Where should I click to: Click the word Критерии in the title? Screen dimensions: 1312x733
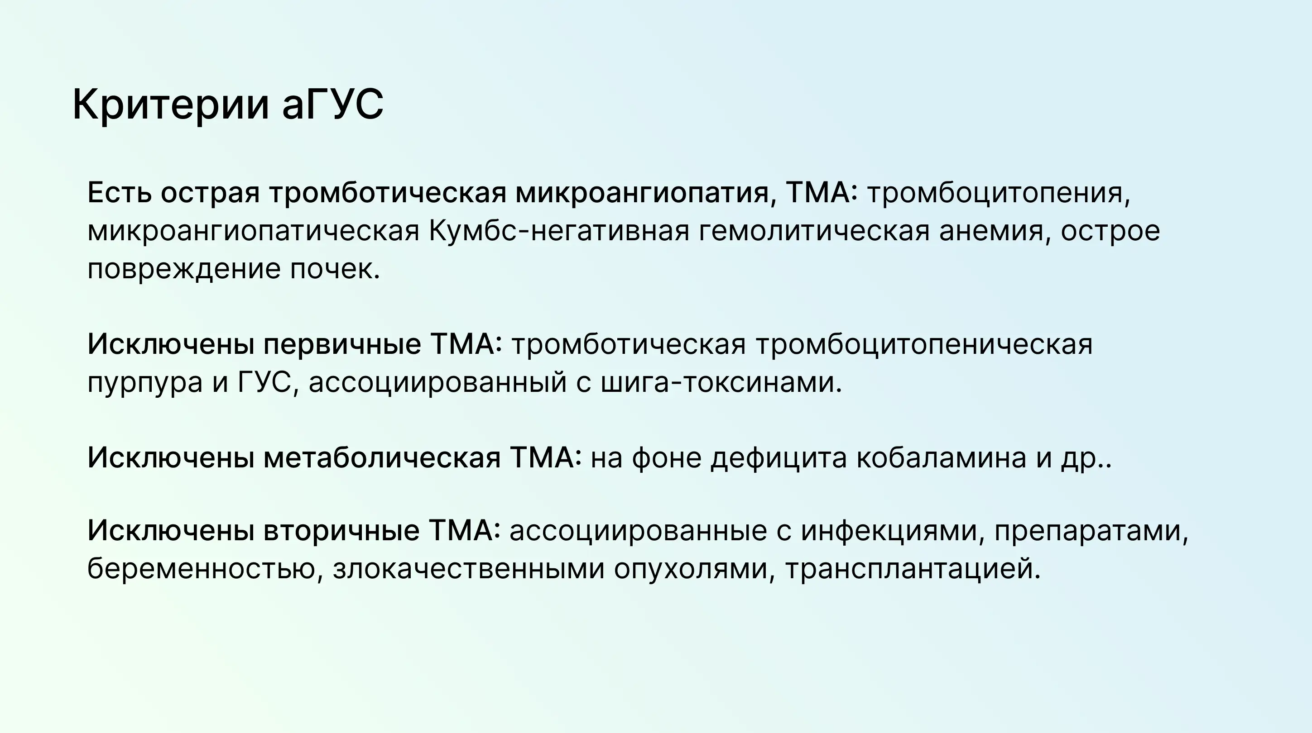pos(171,105)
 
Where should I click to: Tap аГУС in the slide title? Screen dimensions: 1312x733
pos(332,105)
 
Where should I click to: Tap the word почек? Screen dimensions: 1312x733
pos(335,269)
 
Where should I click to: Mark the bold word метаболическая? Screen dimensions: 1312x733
pos(382,457)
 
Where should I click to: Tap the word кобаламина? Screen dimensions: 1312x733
pos(941,457)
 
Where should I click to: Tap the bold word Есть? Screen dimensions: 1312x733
pos(120,193)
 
